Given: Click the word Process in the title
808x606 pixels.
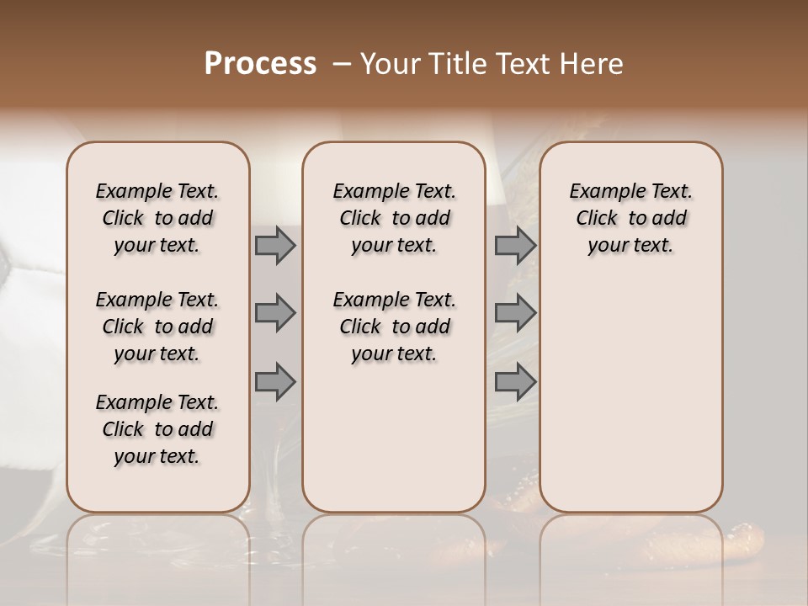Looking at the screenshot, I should pyautogui.click(x=260, y=64).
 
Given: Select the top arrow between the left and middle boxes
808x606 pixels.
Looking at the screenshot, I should pyautogui.click(x=275, y=245).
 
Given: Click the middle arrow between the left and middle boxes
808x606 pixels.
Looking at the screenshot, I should pyautogui.click(x=275, y=313).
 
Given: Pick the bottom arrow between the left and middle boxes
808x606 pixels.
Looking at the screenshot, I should pyautogui.click(x=275, y=381).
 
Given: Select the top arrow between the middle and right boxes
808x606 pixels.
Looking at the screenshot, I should pyautogui.click(x=515, y=245).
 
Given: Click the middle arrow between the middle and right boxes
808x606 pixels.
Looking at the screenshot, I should pyautogui.click(x=515, y=313).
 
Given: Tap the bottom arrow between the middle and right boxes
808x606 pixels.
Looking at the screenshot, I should pyautogui.click(x=515, y=381).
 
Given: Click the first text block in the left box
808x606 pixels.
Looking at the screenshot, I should pyautogui.click(x=157, y=218).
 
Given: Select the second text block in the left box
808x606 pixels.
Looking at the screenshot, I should pyautogui.click(x=157, y=327).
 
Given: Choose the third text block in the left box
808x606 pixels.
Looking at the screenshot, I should pyautogui.click(x=157, y=429).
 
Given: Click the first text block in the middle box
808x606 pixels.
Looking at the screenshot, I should pyautogui.click(x=394, y=218).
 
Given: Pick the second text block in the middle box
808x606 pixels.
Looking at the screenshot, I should pyautogui.click(x=394, y=327).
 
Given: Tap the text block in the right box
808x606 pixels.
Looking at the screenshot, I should pyautogui.click(x=631, y=218).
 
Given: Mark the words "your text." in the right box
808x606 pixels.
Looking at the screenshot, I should pyautogui.click(x=631, y=246).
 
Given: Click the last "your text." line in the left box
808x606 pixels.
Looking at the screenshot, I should pyautogui.click(x=157, y=456).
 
